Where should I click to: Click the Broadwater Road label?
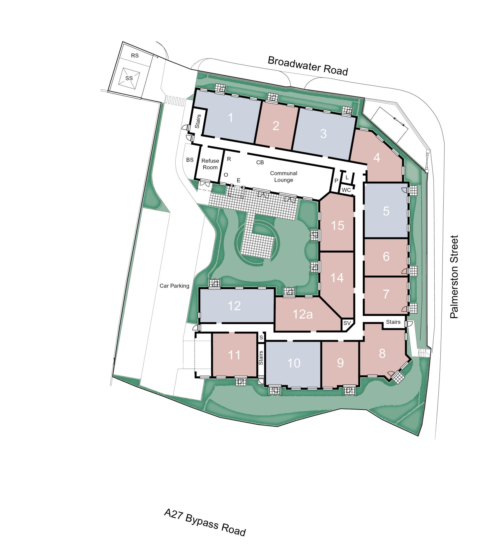click(x=308, y=66)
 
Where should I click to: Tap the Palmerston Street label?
click(x=454, y=277)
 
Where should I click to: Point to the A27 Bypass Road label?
click(x=205, y=522)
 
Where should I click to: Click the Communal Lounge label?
click(x=283, y=176)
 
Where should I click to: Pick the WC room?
click(x=346, y=190)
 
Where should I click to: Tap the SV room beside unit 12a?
click(x=347, y=323)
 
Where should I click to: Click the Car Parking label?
click(x=174, y=286)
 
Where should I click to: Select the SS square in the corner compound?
click(x=129, y=78)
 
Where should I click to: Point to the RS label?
click(x=135, y=55)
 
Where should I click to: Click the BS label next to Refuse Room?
click(x=190, y=160)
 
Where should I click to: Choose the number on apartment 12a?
click(x=302, y=314)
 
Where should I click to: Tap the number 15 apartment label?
click(x=337, y=225)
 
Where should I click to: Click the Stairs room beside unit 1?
click(x=197, y=122)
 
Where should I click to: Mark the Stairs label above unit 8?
click(x=393, y=322)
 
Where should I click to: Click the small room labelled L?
click(x=347, y=177)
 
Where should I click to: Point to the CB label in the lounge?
click(x=260, y=162)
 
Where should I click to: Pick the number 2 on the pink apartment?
click(x=276, y=126)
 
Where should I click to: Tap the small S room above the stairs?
click(x=261, y=337)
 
